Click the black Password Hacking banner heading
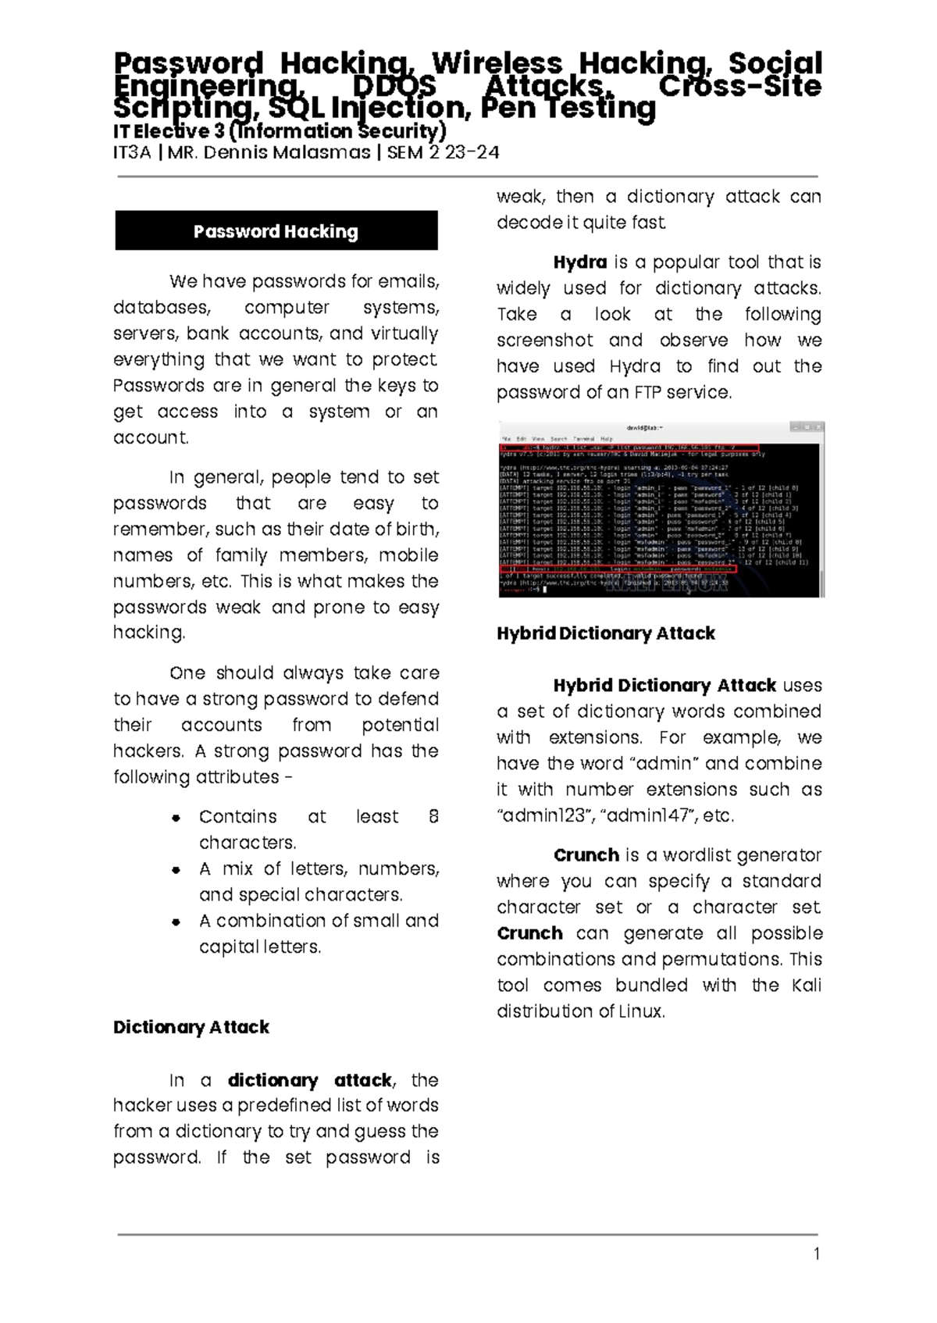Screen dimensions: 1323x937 click(276, 231)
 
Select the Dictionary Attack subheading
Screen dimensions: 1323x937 click(191, 1027)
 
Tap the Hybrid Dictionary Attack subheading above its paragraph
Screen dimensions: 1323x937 click(605, 633)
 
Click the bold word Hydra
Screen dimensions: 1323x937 click(579, 262)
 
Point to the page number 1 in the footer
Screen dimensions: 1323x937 click(817, 1254)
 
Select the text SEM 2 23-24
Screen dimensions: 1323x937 click(443, 152)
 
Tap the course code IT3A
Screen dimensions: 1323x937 click(131, 152)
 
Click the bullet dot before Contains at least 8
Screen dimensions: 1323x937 click(176, 818)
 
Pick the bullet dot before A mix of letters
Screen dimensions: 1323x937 click(176, 869)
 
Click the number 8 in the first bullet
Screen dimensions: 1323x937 click(433, 817)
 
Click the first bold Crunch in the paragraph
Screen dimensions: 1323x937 click(586, 855)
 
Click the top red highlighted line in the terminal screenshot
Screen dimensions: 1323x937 click(629, 448)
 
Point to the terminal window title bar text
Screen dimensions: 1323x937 click(645, 428)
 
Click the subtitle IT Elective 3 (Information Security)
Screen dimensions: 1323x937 click(280, 131)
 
